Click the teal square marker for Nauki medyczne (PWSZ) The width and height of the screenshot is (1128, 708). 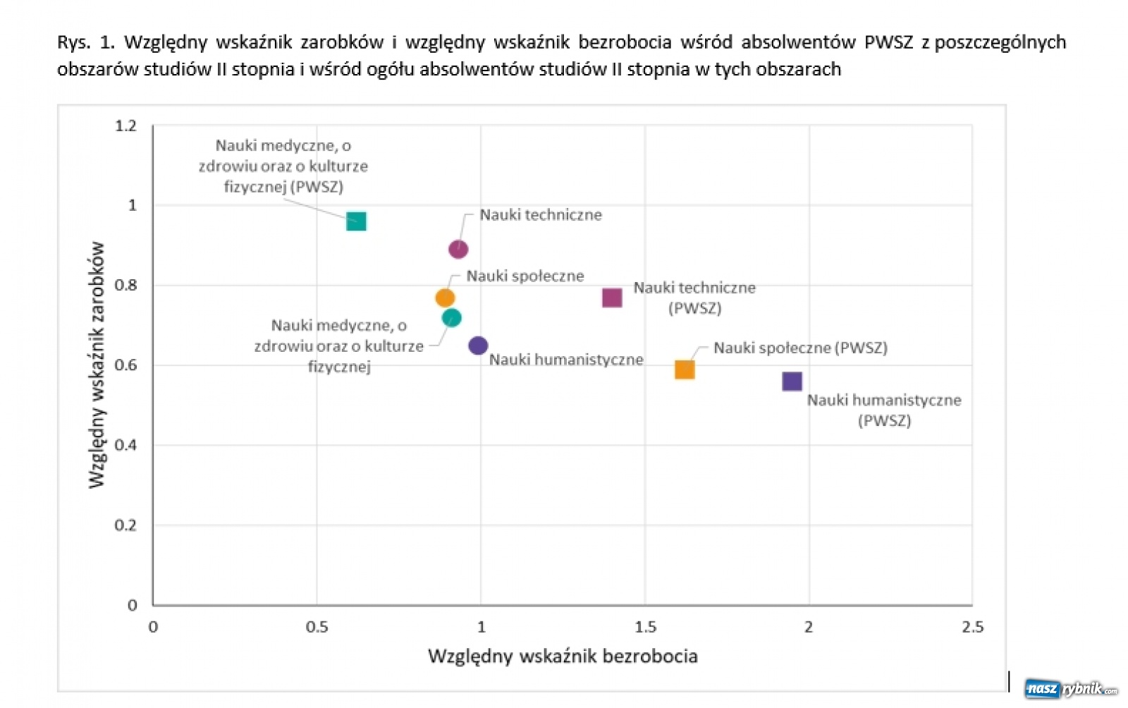coord(356,221)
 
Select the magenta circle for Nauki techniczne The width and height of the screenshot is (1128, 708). coord(458,249)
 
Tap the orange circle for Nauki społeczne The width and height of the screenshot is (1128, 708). coord(445,298)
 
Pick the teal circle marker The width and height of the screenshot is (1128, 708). coord(452,318)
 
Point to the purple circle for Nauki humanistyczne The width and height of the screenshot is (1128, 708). coord(478,346)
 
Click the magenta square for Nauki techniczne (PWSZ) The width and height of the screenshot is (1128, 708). coord(612,298)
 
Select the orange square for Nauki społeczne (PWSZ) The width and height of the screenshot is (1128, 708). coord(685,370)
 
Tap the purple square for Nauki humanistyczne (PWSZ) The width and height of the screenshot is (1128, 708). coord(792,382)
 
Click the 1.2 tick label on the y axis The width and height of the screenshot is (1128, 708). coord(125,126)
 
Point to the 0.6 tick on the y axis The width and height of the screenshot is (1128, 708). coord(125,365)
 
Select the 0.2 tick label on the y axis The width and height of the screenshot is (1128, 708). coord(125,525)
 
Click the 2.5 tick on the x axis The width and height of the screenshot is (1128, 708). coord(972,627)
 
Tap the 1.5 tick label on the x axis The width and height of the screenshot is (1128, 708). coord(645,627)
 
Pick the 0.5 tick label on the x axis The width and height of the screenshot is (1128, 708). coord(317,627)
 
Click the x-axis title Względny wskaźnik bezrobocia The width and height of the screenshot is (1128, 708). coord(563,657)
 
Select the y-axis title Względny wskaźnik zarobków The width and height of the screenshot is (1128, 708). coord(97,365)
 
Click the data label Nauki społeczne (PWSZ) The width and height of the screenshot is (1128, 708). coord(800,348)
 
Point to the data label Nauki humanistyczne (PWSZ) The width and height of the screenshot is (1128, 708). coord(884,410)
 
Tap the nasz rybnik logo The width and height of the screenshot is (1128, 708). coord(1071,688)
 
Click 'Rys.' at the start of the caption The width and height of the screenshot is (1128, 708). coord(73,42)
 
